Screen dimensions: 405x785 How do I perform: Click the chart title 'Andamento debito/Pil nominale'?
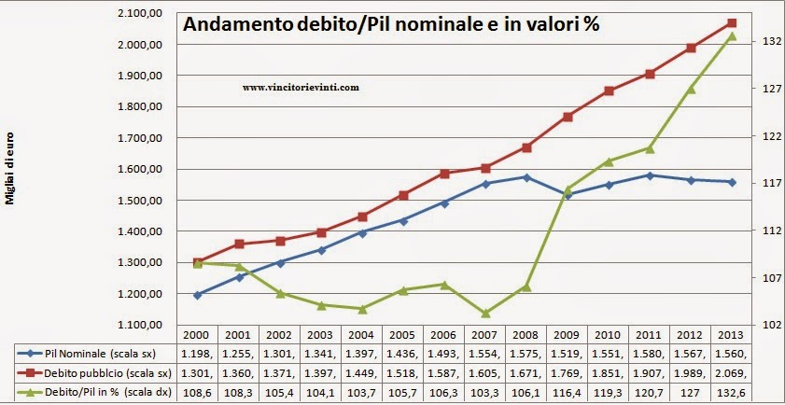390,25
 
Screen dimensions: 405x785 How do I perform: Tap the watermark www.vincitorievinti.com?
301,86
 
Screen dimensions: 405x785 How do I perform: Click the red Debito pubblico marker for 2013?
732,22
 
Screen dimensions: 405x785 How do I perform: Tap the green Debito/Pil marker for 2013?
732,36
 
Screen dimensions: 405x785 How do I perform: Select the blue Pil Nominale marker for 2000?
197,295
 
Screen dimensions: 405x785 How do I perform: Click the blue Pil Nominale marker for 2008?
526,177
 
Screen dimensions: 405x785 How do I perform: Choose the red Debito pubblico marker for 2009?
568,117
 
